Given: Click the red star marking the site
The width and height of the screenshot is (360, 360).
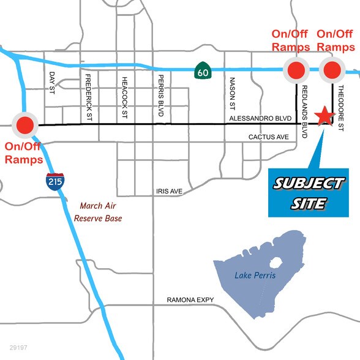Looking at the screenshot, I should [323, 116].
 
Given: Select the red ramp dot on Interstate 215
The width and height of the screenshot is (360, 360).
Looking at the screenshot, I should [24, 126].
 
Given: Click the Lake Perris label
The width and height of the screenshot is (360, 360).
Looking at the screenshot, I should [255, 276].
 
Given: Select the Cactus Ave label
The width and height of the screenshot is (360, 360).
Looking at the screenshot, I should [268, 137].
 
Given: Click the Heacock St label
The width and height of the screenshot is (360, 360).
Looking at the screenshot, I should [124, 96].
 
